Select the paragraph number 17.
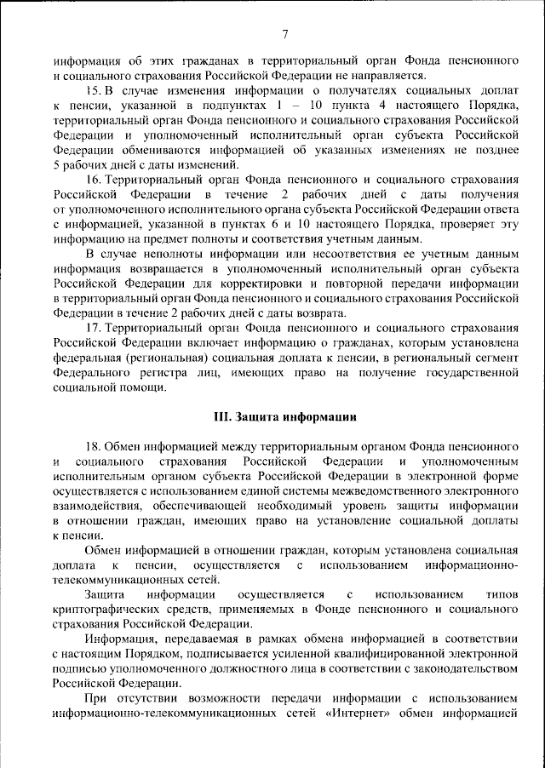95,328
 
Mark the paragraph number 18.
95,446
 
